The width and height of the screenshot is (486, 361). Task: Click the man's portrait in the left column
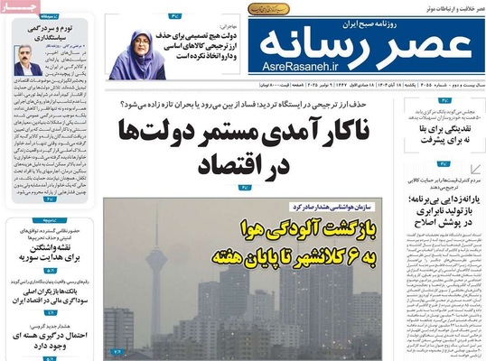(x=23, y=60)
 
